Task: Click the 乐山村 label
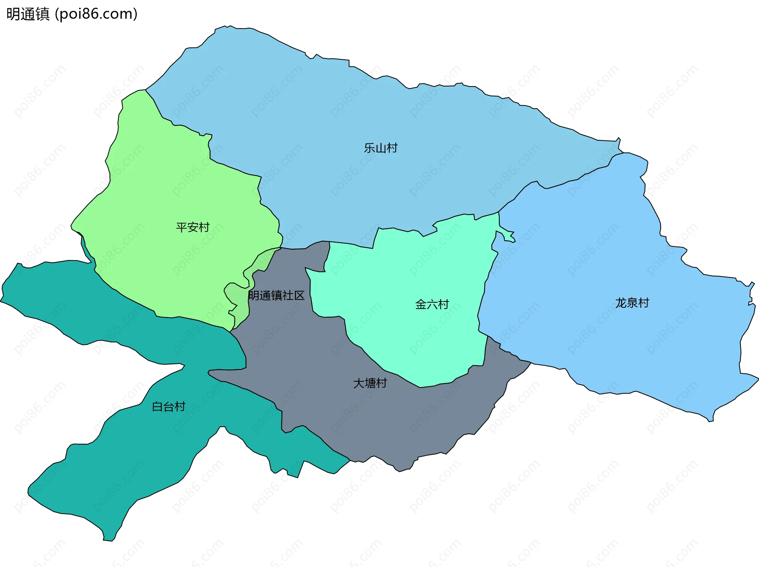coord(381,148)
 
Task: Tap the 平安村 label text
coord(193,227)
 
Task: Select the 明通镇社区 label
coord(276,296)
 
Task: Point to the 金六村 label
coord(432,304)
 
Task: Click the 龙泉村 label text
coord(632,303)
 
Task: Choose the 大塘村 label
coord(370,383)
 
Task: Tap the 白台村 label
coord(169,407)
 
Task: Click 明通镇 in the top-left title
coord(28,14)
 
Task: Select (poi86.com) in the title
coord(96,14)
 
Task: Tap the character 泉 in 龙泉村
coord(632,303)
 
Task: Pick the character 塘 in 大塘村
coord(370,383)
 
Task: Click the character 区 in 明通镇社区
coord(299,296)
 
